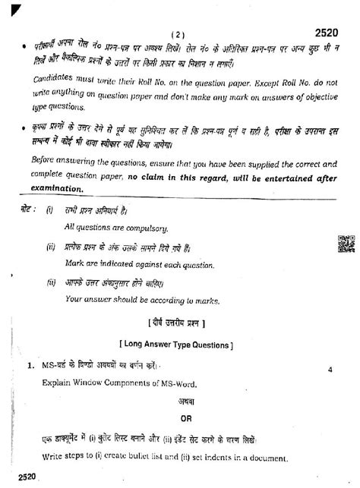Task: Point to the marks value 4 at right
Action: click(x=331, y=370)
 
